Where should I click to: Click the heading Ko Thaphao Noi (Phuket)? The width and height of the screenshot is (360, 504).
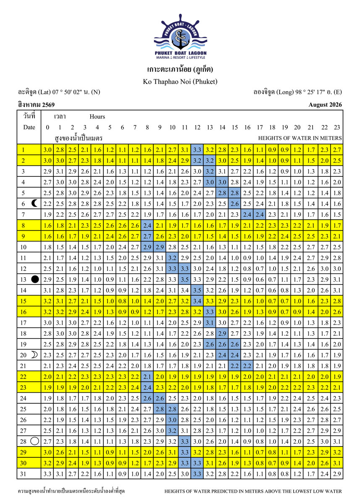(x=180, y=81)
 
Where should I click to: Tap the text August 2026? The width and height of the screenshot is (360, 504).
(x=325, y=105)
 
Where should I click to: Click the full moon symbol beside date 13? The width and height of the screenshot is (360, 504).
(x=35, y=279)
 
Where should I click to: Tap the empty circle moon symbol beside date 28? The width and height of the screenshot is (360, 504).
(x=35, y=441)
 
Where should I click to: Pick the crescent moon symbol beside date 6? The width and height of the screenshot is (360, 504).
(x=34, y=204)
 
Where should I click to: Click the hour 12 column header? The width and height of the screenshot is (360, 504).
(x=197, y=127)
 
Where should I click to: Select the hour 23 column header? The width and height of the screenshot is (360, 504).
(x=336, y=127)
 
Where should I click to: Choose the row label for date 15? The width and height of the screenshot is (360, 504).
(x=24, y=301)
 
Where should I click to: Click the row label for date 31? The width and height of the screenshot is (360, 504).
(x=24, y=474)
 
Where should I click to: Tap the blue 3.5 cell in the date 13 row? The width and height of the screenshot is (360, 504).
(x=184, y=279)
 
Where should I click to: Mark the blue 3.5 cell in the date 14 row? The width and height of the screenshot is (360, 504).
(x=197, y=290)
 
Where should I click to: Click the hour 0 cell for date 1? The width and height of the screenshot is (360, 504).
(x=47, y=150)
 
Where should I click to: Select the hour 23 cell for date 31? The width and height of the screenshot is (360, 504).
(x=336, y=474)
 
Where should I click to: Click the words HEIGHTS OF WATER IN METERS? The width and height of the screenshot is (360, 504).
(x=300, y=138)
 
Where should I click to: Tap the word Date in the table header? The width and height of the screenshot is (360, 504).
(x=29, y=127)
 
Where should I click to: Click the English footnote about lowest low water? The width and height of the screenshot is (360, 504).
(x=253, y=491)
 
